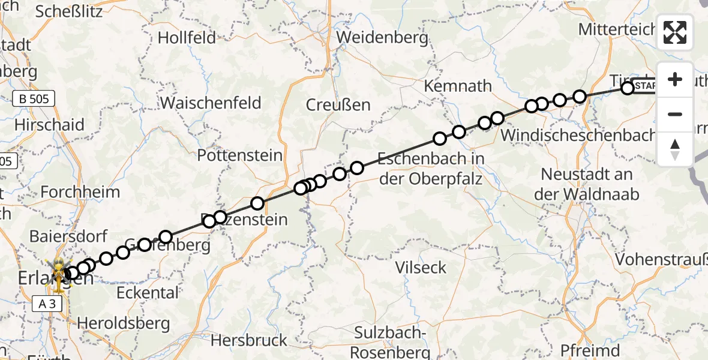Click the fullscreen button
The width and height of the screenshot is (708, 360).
click(x=675, y=32)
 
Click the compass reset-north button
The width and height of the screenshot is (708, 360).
click(x=675, y=149)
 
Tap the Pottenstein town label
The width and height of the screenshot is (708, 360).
click(x=240, y=155)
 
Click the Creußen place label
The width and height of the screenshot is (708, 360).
click(x=338, y=104)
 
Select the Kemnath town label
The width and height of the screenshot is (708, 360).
click(x=458, y=86)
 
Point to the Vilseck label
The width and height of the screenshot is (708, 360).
click(x=421, y=267)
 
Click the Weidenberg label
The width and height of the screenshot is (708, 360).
click(x=383, y=37)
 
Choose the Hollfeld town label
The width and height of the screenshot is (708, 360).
click(x=187, y=38)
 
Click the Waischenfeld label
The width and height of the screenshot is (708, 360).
click(x=211, y=103)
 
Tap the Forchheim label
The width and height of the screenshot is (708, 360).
click(x=80, y=192)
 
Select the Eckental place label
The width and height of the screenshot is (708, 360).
click(x=148, y=293)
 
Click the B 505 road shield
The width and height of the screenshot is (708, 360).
click(x=34, y=98)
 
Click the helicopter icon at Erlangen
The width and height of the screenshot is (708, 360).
click(x=59, y=272)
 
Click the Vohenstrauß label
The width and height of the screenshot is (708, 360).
click(x=661, y=260)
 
